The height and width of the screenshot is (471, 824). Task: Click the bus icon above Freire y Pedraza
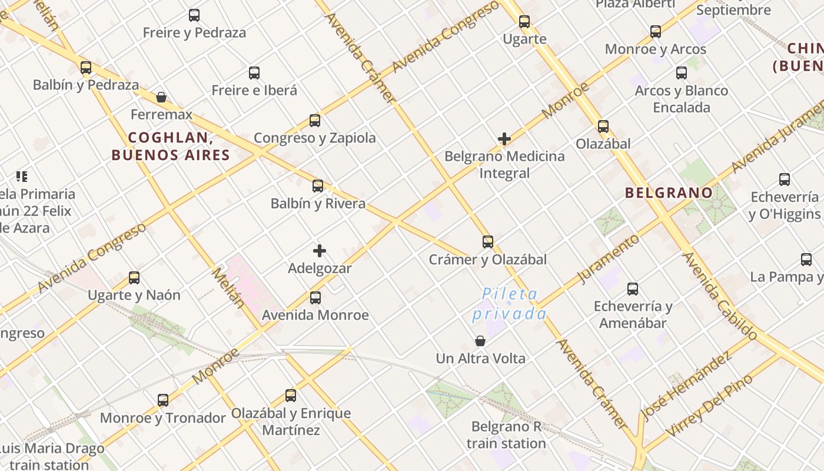point(194,15)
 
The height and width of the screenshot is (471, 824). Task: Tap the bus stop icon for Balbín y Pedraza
point(86,67)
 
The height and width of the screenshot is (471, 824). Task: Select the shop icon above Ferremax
point(161,97)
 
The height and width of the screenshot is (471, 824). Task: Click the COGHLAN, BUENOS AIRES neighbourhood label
point(171,147)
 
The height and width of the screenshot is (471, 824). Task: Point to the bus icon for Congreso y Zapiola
point(315,121)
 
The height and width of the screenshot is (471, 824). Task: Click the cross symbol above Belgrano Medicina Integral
point(504,139)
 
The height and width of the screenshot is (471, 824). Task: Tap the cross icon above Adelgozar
point(320,251)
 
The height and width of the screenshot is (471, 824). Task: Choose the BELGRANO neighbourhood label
point(669,193)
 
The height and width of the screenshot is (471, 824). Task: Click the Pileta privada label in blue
point(510,304)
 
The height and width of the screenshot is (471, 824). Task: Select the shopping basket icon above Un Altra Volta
point(480,341)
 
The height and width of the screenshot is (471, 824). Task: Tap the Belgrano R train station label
point(506,435)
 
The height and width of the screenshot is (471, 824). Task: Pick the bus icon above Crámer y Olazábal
point(488,242)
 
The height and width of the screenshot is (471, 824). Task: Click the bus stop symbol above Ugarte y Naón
point(134,277)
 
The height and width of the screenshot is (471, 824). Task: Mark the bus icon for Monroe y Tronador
point(163,400)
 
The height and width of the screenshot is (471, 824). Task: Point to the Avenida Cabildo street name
point(719,296)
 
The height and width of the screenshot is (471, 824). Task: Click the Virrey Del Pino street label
point(709,406)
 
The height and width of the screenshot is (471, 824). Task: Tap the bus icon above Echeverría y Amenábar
point(633,289)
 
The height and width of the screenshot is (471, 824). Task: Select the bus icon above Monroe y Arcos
point(656,32)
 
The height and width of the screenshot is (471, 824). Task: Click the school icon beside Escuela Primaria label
point(22,176)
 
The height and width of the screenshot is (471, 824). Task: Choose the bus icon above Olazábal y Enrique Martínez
point(291,396)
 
